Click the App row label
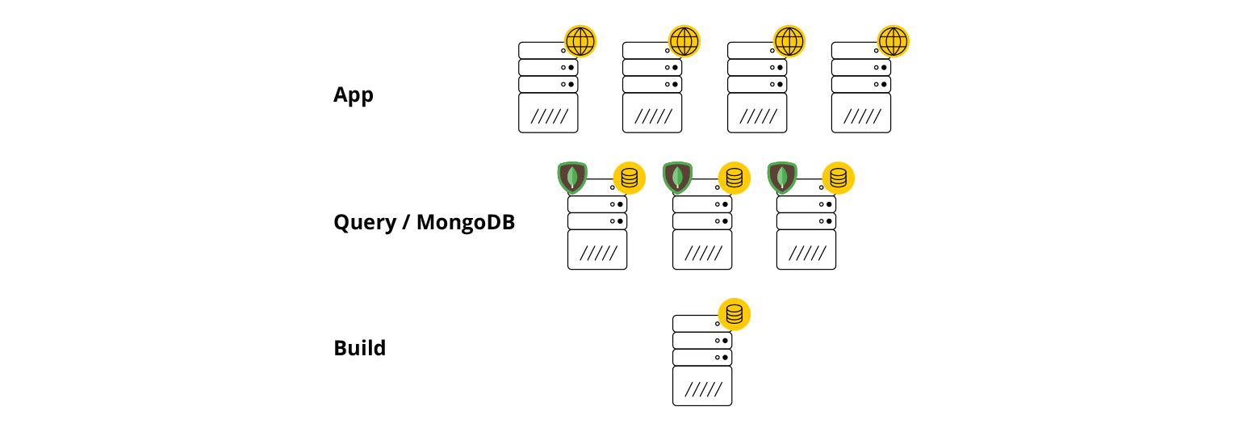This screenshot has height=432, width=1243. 354,95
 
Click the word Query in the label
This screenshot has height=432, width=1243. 365,223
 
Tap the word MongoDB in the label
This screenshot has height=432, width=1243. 466,222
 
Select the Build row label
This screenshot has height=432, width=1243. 360,348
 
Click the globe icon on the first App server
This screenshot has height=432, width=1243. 580,41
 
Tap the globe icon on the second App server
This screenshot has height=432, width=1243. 684,41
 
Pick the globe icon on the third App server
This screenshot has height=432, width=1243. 789,41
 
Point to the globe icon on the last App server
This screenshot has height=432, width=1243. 893,41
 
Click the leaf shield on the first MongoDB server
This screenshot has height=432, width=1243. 572,177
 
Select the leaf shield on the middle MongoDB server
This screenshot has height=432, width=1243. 677,177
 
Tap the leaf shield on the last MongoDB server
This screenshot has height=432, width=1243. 782,177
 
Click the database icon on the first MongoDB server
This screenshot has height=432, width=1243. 630,178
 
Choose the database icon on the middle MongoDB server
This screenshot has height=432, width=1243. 734,178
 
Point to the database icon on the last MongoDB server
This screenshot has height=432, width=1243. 838,178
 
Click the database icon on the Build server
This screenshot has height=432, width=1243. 734,314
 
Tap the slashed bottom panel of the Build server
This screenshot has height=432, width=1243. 702,387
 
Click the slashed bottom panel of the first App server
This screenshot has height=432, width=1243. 548,113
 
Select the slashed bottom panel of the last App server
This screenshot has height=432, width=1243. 861,113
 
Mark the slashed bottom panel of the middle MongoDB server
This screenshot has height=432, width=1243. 702,250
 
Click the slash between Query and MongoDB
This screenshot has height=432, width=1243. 407,222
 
